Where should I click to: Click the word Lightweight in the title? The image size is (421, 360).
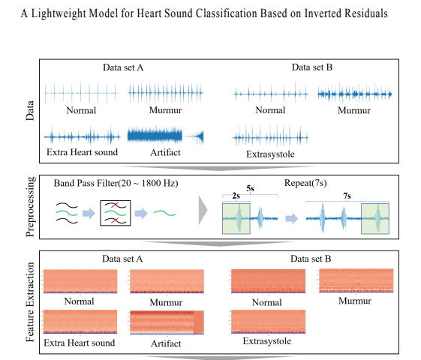point(59,13)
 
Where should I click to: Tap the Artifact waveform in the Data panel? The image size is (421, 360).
point(165,136)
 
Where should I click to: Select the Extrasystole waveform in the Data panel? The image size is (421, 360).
point(270,136)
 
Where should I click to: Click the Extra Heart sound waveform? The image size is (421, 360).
point(82,136)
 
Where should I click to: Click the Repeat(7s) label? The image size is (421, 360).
point(305,183)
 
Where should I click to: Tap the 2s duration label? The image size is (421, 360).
point(236,196)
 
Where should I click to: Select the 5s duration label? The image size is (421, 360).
point(250,188)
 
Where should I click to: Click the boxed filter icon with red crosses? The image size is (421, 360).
point(116,213)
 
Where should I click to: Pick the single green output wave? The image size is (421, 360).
point(164,213)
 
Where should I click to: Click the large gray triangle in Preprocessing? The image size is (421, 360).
point(203,210)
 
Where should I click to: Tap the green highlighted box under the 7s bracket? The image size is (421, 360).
point(375,219)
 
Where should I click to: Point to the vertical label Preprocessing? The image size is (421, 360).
point(30,206)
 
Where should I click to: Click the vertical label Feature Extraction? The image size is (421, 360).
point(30,302)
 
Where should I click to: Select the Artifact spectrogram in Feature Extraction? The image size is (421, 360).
point(167,322)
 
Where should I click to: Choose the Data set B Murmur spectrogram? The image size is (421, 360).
point(356,280)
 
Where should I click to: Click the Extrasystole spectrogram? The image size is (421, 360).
point(268,322)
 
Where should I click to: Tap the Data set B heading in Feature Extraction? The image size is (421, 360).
point(311,259)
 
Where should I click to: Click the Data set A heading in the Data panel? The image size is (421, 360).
point(123,67)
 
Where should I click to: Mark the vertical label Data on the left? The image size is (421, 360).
point(30,110)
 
